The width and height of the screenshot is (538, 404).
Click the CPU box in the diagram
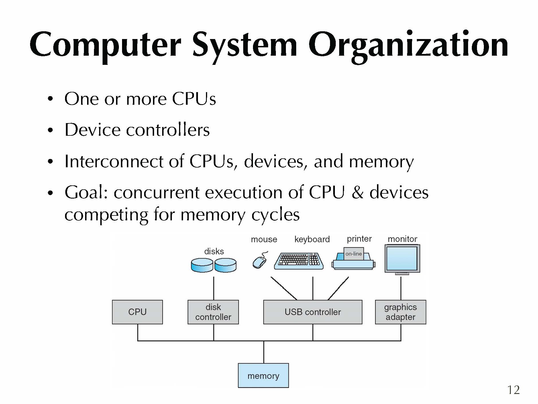click(x=137, y=312)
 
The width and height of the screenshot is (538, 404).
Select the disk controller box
click(x=213, y=312)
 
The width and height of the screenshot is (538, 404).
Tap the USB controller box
click(x=313, y=312)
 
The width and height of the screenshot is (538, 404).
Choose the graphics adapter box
click(x=400, y=312)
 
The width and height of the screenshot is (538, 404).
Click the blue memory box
click(x=263, y=376)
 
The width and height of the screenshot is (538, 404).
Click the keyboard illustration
click(x=299, y=261)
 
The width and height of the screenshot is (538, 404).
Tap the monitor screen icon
click(x=402, y=259)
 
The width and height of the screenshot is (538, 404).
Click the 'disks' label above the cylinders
click(x=214, y=251)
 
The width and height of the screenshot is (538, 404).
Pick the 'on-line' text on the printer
click(x=354, y=254)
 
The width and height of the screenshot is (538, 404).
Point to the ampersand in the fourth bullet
click(x=357, y=192)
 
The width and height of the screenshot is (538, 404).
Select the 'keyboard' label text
click(x=312, y=239)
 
